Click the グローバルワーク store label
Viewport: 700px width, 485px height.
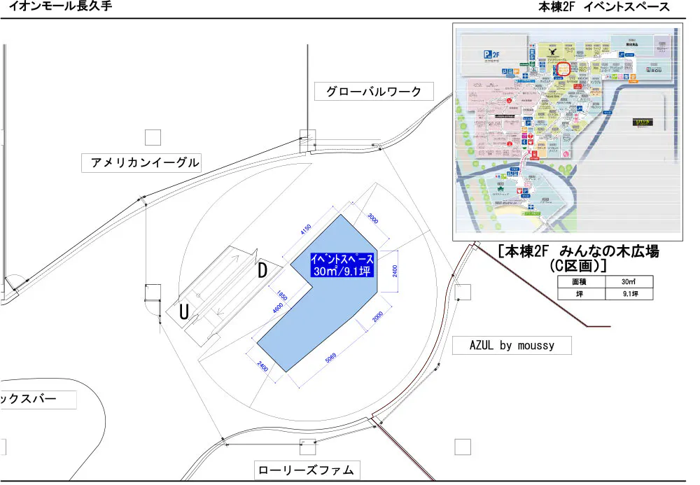pos(374,92)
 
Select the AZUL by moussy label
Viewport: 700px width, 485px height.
pos(512,345)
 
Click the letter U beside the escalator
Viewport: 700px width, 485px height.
pos(184,314)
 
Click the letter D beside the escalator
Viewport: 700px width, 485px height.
pos(262,271)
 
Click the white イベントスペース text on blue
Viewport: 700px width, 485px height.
pos(342,258)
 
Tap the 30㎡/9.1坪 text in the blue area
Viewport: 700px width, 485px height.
pos(342,271)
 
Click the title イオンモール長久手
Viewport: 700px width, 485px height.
pos(60,7)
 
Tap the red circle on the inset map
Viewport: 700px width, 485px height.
pos(563,67)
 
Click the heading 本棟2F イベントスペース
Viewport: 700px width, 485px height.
pos(603,7)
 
